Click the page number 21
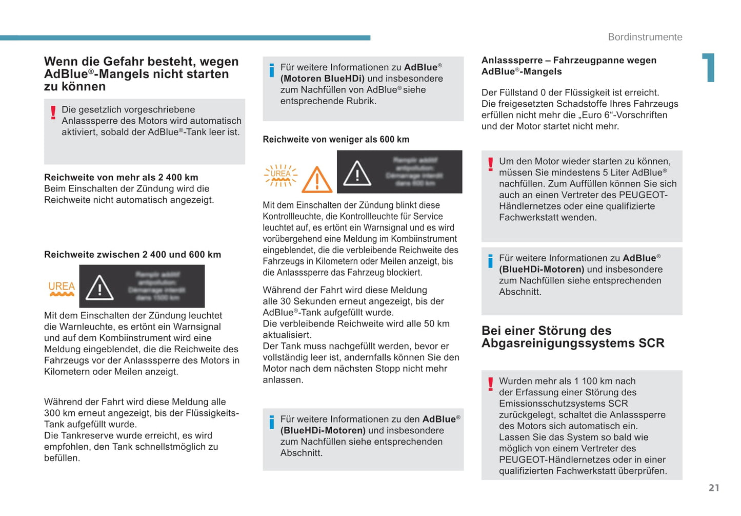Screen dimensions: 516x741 (714, 488)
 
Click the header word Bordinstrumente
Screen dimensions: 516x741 (645, 37)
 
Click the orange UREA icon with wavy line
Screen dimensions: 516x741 (62, 289)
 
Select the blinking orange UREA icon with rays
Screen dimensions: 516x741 (281, 175)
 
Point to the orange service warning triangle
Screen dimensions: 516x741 (317, 179)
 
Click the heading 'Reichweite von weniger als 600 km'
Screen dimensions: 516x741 (336, 139)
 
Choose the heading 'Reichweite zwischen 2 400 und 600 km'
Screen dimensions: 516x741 (132, 255)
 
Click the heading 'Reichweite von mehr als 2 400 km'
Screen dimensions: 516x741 (121, 178)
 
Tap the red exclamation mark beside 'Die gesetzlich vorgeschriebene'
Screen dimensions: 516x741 (53, 112)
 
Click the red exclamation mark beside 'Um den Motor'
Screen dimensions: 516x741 (491, 164)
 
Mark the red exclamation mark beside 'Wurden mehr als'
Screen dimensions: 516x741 (491, 384)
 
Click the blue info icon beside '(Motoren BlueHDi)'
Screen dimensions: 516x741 (272, 70)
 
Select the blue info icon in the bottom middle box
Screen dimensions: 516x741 (272, 422)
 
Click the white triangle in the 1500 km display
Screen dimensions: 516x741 (99, 287)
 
